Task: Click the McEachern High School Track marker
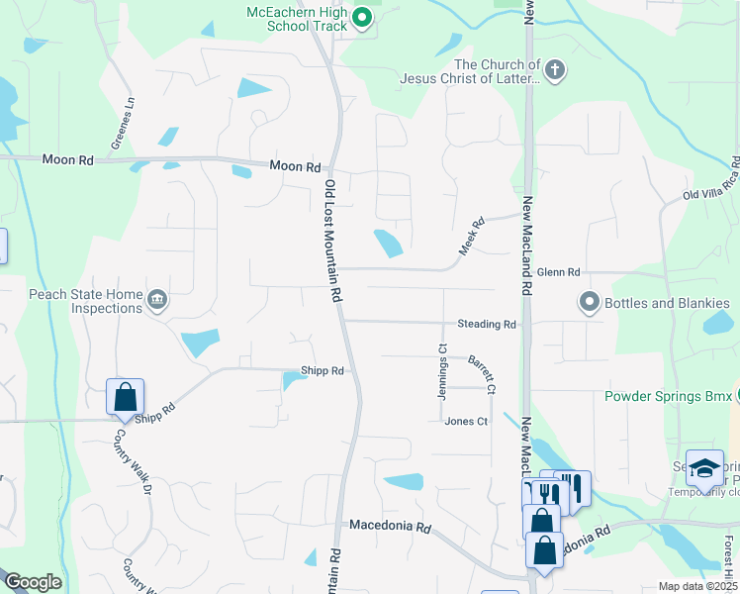click(x=361, y=17)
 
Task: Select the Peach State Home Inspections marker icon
click(x=156, y=300)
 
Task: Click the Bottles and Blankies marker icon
click(x=590, y=301)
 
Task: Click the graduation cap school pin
click(x=705, y=468)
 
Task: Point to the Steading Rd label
click(x=487, y=324)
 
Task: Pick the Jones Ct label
click(x=466, y=421)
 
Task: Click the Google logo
click(x=33, y=582)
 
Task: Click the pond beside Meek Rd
click(x=387, y=243)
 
